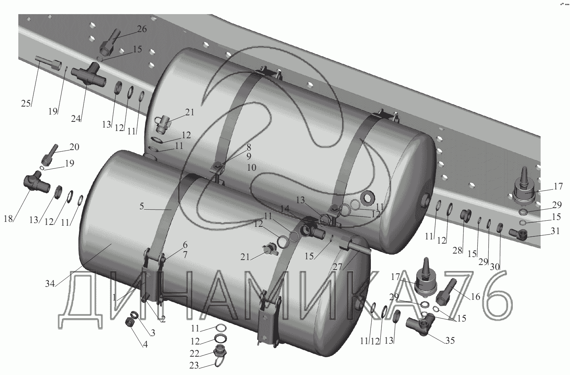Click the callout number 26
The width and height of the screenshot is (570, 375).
tap(142, 29)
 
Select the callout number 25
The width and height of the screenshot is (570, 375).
tap(26, 103)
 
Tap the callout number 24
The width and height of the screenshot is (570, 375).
tap(76, 118)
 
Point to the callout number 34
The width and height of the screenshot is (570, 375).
tap(50, 284)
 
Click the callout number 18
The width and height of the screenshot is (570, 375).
tap(8, 218)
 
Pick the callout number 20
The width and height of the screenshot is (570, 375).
tap(74, 147)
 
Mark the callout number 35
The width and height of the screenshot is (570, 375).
tap(450, 341)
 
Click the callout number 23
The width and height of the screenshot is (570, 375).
tap(194, 365)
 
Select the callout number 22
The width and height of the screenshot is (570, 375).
tap(195, 354)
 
